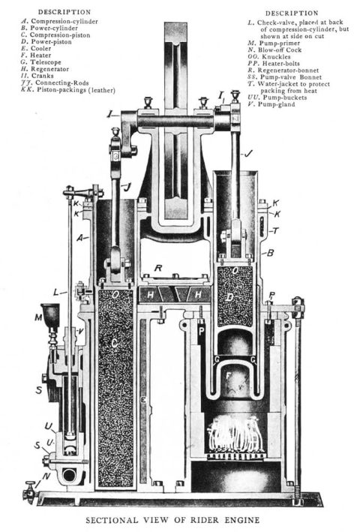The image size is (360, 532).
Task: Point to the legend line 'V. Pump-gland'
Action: tap(267, 104)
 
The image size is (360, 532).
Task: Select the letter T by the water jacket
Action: tap(278, 230)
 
